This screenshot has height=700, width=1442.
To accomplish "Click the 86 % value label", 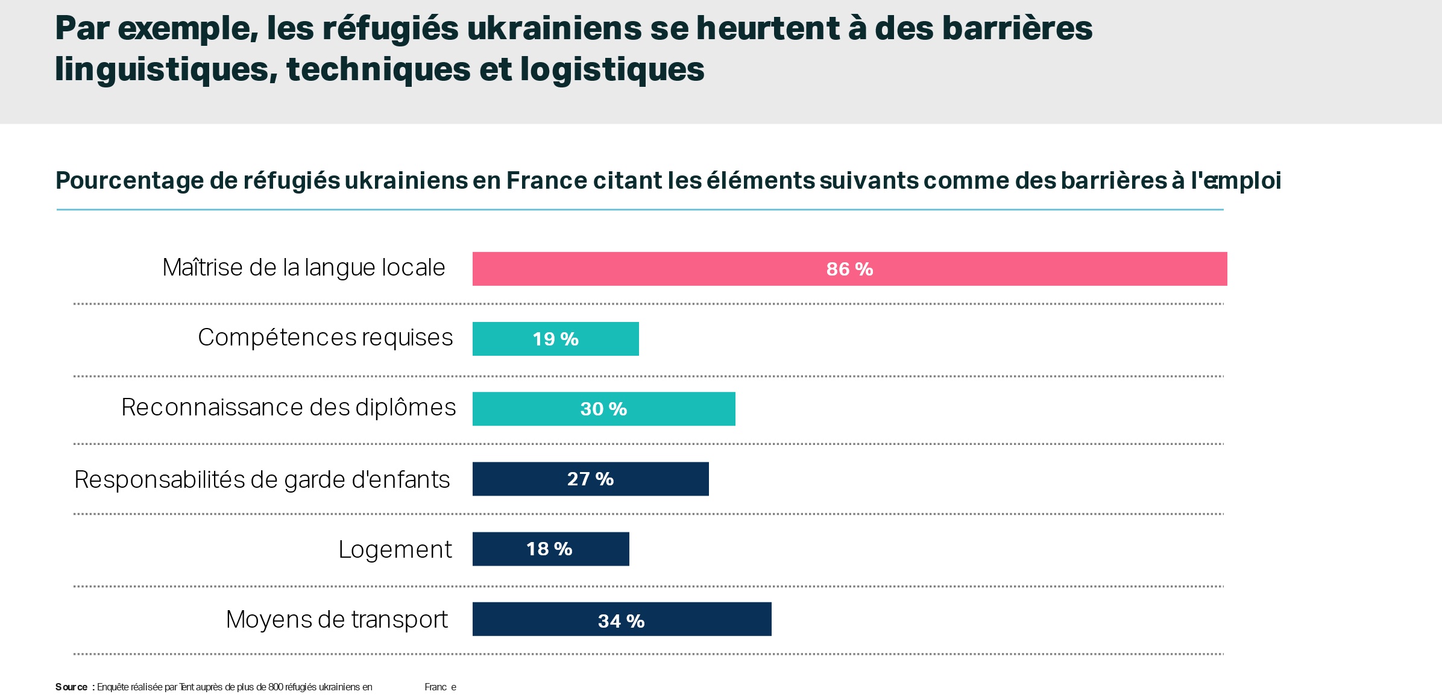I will point(849,269).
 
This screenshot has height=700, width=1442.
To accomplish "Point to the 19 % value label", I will point(555,339).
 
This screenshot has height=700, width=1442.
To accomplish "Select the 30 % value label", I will point(603,409).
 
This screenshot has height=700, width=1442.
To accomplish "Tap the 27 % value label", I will point(590,479).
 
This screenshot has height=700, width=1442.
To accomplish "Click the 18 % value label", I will point(549,549).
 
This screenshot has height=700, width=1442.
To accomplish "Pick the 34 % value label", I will point(621,621).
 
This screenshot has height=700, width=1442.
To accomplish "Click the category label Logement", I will point(395,549).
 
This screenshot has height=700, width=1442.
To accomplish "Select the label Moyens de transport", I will point(336,619).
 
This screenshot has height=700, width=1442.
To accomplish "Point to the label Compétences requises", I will point(325,338).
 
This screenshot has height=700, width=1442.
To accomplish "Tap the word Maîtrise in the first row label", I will point(202,267).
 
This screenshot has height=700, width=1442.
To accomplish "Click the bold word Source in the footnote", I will point(71,687).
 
